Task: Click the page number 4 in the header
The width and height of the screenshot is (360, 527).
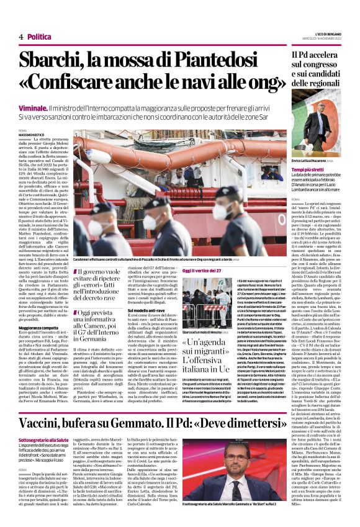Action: click(21, 37)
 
